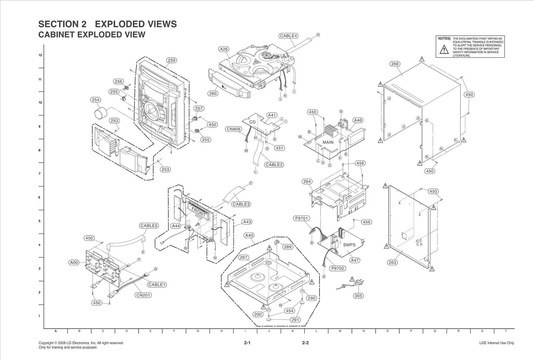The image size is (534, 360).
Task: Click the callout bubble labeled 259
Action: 171,60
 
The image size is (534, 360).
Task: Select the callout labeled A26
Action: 224,49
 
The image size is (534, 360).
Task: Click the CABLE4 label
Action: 288,36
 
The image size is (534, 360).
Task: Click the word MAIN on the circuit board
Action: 328,142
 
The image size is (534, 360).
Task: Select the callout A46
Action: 358,120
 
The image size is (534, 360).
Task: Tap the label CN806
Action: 234,129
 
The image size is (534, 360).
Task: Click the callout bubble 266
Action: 395,64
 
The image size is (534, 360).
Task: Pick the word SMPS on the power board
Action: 349,245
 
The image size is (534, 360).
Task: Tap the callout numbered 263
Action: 392,263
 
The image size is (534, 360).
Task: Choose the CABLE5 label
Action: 149,226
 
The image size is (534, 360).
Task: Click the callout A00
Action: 74,263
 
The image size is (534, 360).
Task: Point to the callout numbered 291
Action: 295,320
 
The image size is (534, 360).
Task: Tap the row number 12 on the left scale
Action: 40,55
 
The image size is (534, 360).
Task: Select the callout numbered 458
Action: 360,163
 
